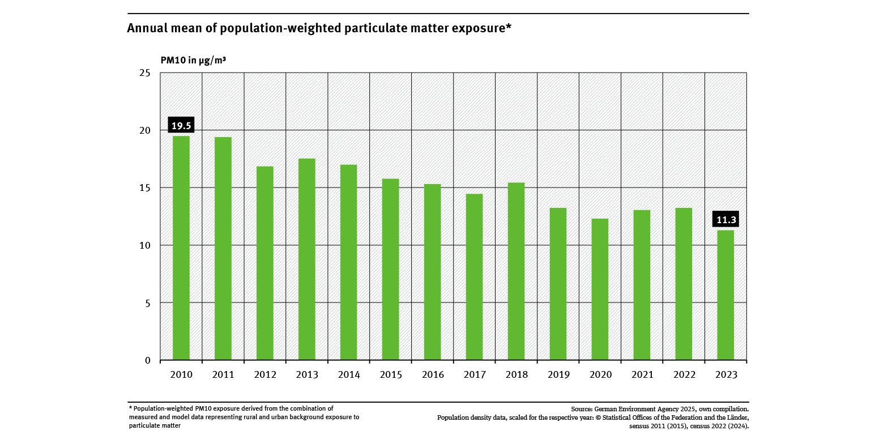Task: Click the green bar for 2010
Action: pyautogui.click(x=181, y=248)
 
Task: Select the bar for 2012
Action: pyautogui.click(x=265, y=263)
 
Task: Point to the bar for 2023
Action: pyautogui.click(x=725, y=295)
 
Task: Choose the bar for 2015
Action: pyautogui.click(x=391, y=270)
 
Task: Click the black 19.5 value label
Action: pyautogui.click(x=181, y=125)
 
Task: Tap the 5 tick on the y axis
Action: pyautogui.click(x=147, y=303)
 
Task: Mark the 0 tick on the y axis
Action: pyautogui.click(x=147, y=360)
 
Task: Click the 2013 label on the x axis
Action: pyautogui.click(x=307, y=374)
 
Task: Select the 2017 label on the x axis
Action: pyautogui.click(x=475, y=374)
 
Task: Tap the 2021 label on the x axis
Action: pyautogui.click(x=642, y=374)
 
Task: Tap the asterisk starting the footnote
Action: pyautogui.click(x=130, y=408)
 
